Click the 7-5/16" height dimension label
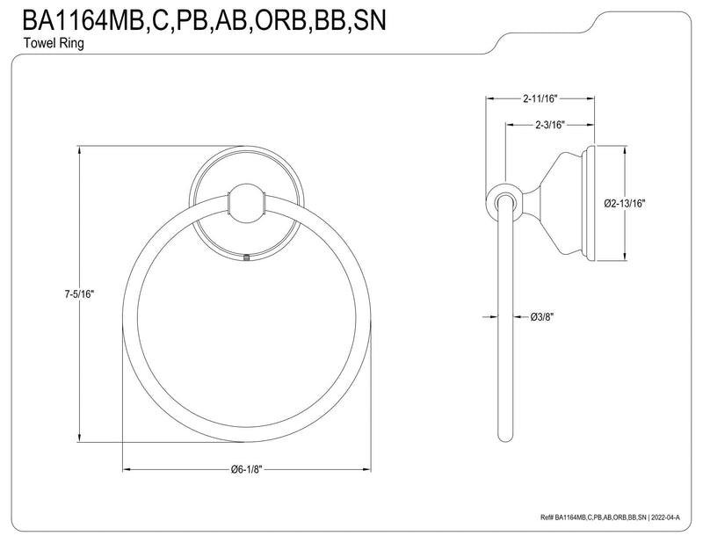point(79,294)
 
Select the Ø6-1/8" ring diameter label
point(246,469)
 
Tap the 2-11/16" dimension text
point(540,98)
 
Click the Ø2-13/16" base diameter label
point(624,204)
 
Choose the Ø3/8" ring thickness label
point(542,317)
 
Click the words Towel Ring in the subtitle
point(54,44)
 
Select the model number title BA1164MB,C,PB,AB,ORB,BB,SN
point(204,20)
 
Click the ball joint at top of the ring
point(246,204)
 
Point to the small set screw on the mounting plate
point(246,257)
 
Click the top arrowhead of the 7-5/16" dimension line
point(80,151)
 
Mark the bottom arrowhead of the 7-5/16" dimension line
point(80,438)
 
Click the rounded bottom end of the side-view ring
point(504,438)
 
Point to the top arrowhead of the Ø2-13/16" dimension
point(624,151)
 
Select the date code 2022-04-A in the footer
point(666,518)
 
